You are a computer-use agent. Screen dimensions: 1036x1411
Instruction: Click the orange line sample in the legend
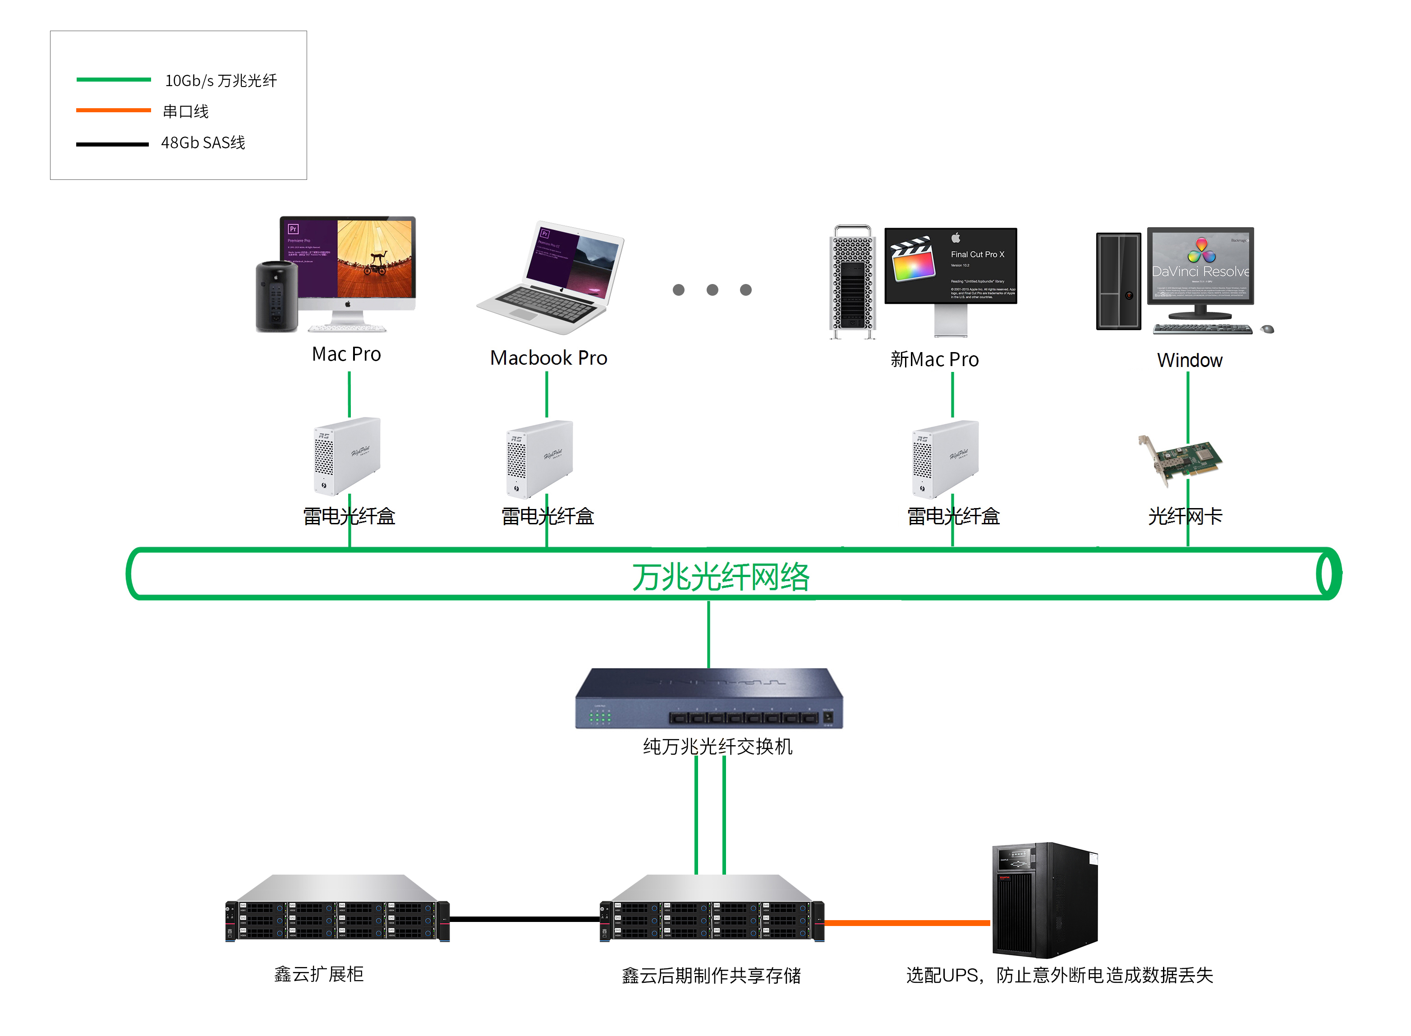pyautogui.click(x=113, y=110)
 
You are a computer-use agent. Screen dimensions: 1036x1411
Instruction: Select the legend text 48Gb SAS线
pyautogui.click(x=202, y=143)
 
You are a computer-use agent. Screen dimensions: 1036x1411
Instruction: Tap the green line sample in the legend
pyautogui.click(x=113, y=80)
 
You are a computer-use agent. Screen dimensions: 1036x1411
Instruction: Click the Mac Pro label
pyautogui.click(x=346, y=354)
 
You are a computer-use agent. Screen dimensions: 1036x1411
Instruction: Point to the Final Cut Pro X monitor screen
pyautogui.click(x=950, y=265)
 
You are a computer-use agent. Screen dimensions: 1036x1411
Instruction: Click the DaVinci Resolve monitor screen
pyautogui.click(x=1200, y=265)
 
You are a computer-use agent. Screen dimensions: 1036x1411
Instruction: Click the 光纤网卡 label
pyautogui.click(x=1185, y=516)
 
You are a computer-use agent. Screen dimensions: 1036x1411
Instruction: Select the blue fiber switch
pyautogui.click(x=708, y=698)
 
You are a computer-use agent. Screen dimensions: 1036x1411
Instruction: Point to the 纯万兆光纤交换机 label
pyautogui.click(x=717, y=746)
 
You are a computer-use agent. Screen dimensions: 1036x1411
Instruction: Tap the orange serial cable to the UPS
pyautogui.click(x=907, y=922)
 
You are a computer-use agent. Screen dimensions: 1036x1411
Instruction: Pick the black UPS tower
pyautogui.click(x=1044, y=900)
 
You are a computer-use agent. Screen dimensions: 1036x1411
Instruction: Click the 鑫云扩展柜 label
pyautogui.click(x=318, y=974)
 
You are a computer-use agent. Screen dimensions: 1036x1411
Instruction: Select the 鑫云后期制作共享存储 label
pyautogui.click(x=711, y=975)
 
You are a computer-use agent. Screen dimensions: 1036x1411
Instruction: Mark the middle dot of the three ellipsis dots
pyautogui.click(x=712, y=290)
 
